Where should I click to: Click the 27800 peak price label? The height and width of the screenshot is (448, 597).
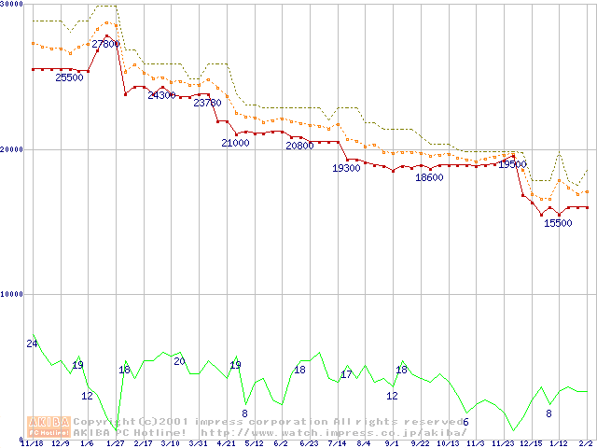click(105, 44)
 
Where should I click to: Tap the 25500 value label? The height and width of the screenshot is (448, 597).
click(69, 77)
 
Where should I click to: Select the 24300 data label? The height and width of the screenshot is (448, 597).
click(161, 95)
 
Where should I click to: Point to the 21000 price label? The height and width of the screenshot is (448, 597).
click(235, 143)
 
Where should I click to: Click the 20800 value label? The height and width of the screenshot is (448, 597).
click(299, 146)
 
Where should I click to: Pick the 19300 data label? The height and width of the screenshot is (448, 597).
click(347, 168)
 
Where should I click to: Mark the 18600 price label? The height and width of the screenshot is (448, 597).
click(429, 177)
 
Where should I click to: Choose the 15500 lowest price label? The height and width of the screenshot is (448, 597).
click(558, 223)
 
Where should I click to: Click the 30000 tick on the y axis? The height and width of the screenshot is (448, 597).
click(12, 4)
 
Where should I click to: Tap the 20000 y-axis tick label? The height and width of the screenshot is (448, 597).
click(12, 149)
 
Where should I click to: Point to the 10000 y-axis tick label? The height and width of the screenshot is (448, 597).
click(12, 294)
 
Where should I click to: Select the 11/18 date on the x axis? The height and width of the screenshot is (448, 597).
click(31, 443)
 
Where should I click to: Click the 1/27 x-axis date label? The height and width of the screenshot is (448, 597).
click(116, 443)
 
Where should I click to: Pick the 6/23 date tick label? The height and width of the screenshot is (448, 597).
click(309, 443)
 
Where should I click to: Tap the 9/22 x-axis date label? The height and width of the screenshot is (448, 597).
click(420, 443)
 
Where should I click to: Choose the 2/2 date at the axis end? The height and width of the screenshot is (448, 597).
click(587, 443)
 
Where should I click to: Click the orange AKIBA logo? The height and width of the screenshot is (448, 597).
click(49, 426)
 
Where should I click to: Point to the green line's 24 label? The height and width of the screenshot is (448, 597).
click(32, 344)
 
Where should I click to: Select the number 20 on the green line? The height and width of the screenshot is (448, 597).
click(179, 361)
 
